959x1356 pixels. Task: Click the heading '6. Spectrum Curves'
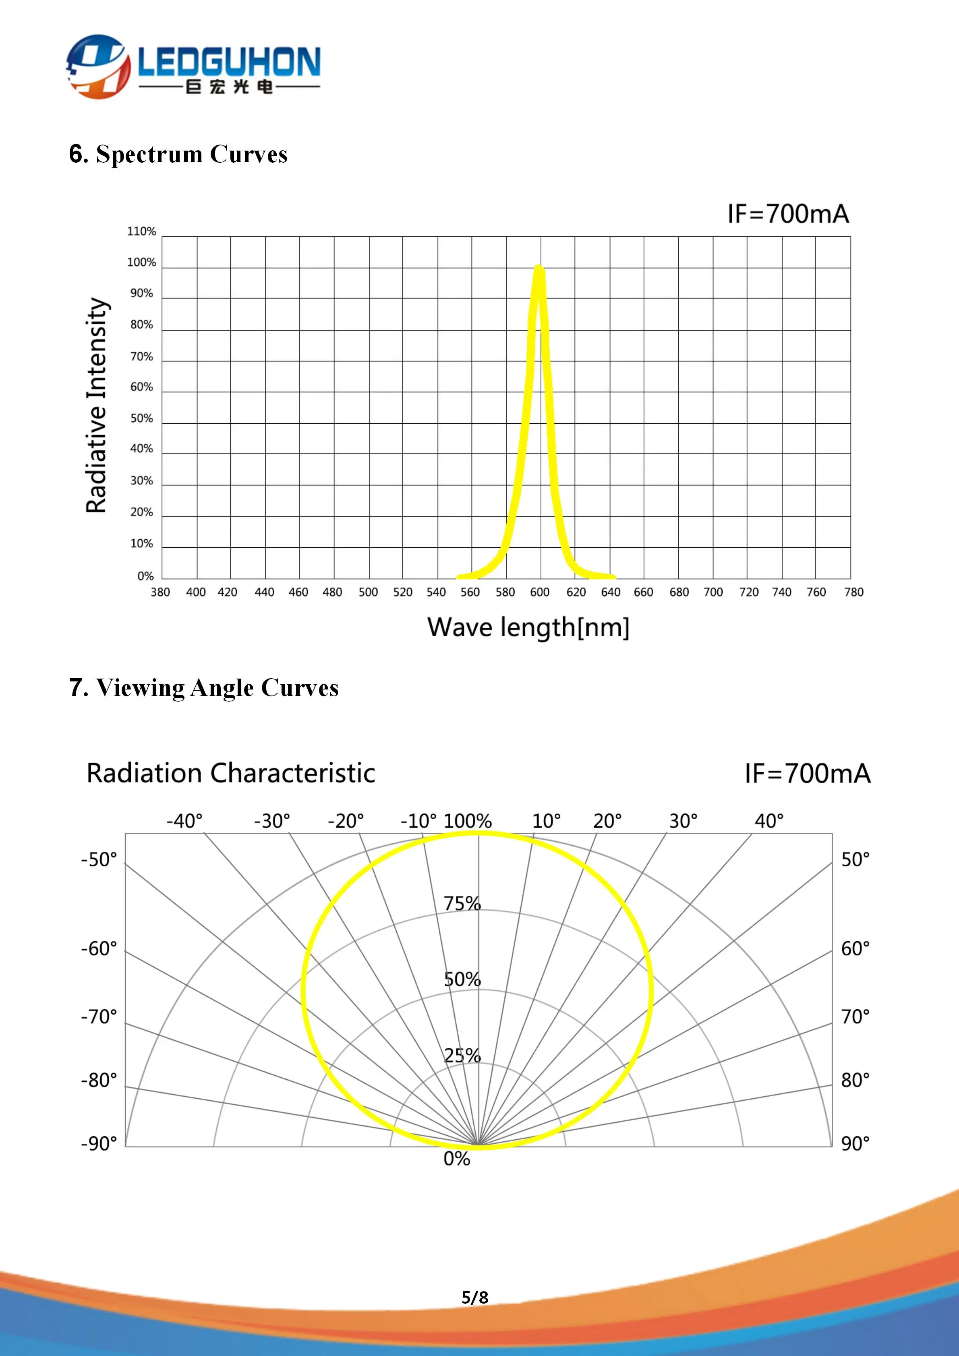point(178,154)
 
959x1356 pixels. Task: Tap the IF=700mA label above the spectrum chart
point(788,214)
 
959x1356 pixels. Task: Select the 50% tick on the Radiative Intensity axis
point(142,418)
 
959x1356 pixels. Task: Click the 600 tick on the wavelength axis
point(540,592)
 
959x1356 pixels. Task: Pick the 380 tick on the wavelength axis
point(160,592)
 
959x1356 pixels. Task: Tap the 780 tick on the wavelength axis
point(853,592)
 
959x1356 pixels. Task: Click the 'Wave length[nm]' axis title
point(528,627)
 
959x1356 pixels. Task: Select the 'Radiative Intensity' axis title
point(97,405)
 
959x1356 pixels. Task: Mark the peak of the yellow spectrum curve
point(539,267)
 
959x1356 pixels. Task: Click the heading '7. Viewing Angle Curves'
point(204,687)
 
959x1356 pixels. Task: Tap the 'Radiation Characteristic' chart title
point(231,773)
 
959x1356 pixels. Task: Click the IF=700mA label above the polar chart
point(807,773)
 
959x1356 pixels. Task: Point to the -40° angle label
point(184,821)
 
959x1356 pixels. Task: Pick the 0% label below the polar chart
point(456,1159)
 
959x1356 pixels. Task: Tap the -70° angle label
point(99,1016)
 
